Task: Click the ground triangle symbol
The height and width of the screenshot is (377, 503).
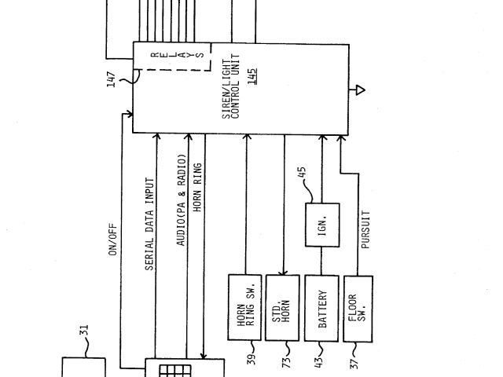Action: (359, 90)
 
